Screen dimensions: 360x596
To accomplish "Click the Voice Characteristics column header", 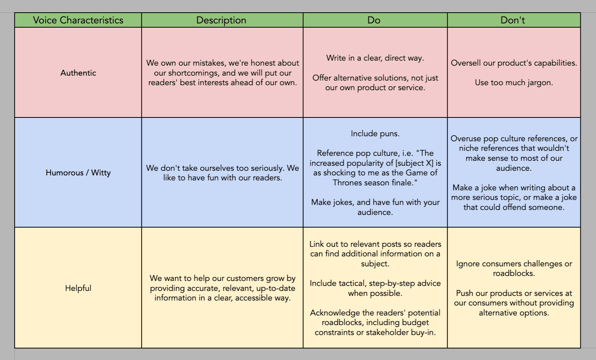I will pos(78,20).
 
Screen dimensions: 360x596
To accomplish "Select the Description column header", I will pos(221,20).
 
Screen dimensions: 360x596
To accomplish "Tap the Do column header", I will pos(374,20).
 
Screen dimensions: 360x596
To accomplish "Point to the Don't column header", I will pos(513,20).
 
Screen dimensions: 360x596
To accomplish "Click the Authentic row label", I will pos(78,73).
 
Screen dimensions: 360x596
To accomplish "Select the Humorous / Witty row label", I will pos(78,173).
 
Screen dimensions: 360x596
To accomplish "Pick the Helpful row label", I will pos(78,288).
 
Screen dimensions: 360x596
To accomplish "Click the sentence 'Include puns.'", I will pos(375,134).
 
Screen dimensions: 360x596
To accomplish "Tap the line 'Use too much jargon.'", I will pos(514,83).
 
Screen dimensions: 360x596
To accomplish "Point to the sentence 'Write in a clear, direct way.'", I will pos(375,58).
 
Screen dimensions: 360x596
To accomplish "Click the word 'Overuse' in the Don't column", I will pos(465,139).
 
